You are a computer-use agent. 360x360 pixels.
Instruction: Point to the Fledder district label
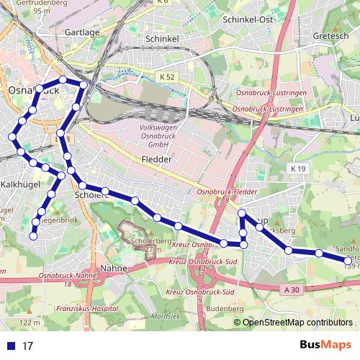[157, 159]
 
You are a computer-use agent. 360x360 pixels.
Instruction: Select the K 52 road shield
[167, 76]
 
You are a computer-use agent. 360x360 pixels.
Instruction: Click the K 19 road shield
[299, 168]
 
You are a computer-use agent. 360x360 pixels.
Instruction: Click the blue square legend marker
[9, 346]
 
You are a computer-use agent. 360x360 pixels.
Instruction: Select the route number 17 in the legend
[28, 346]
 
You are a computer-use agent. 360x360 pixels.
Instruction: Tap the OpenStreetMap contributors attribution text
[297, 323]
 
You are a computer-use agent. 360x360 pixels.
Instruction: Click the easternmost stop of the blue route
[348, 260]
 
